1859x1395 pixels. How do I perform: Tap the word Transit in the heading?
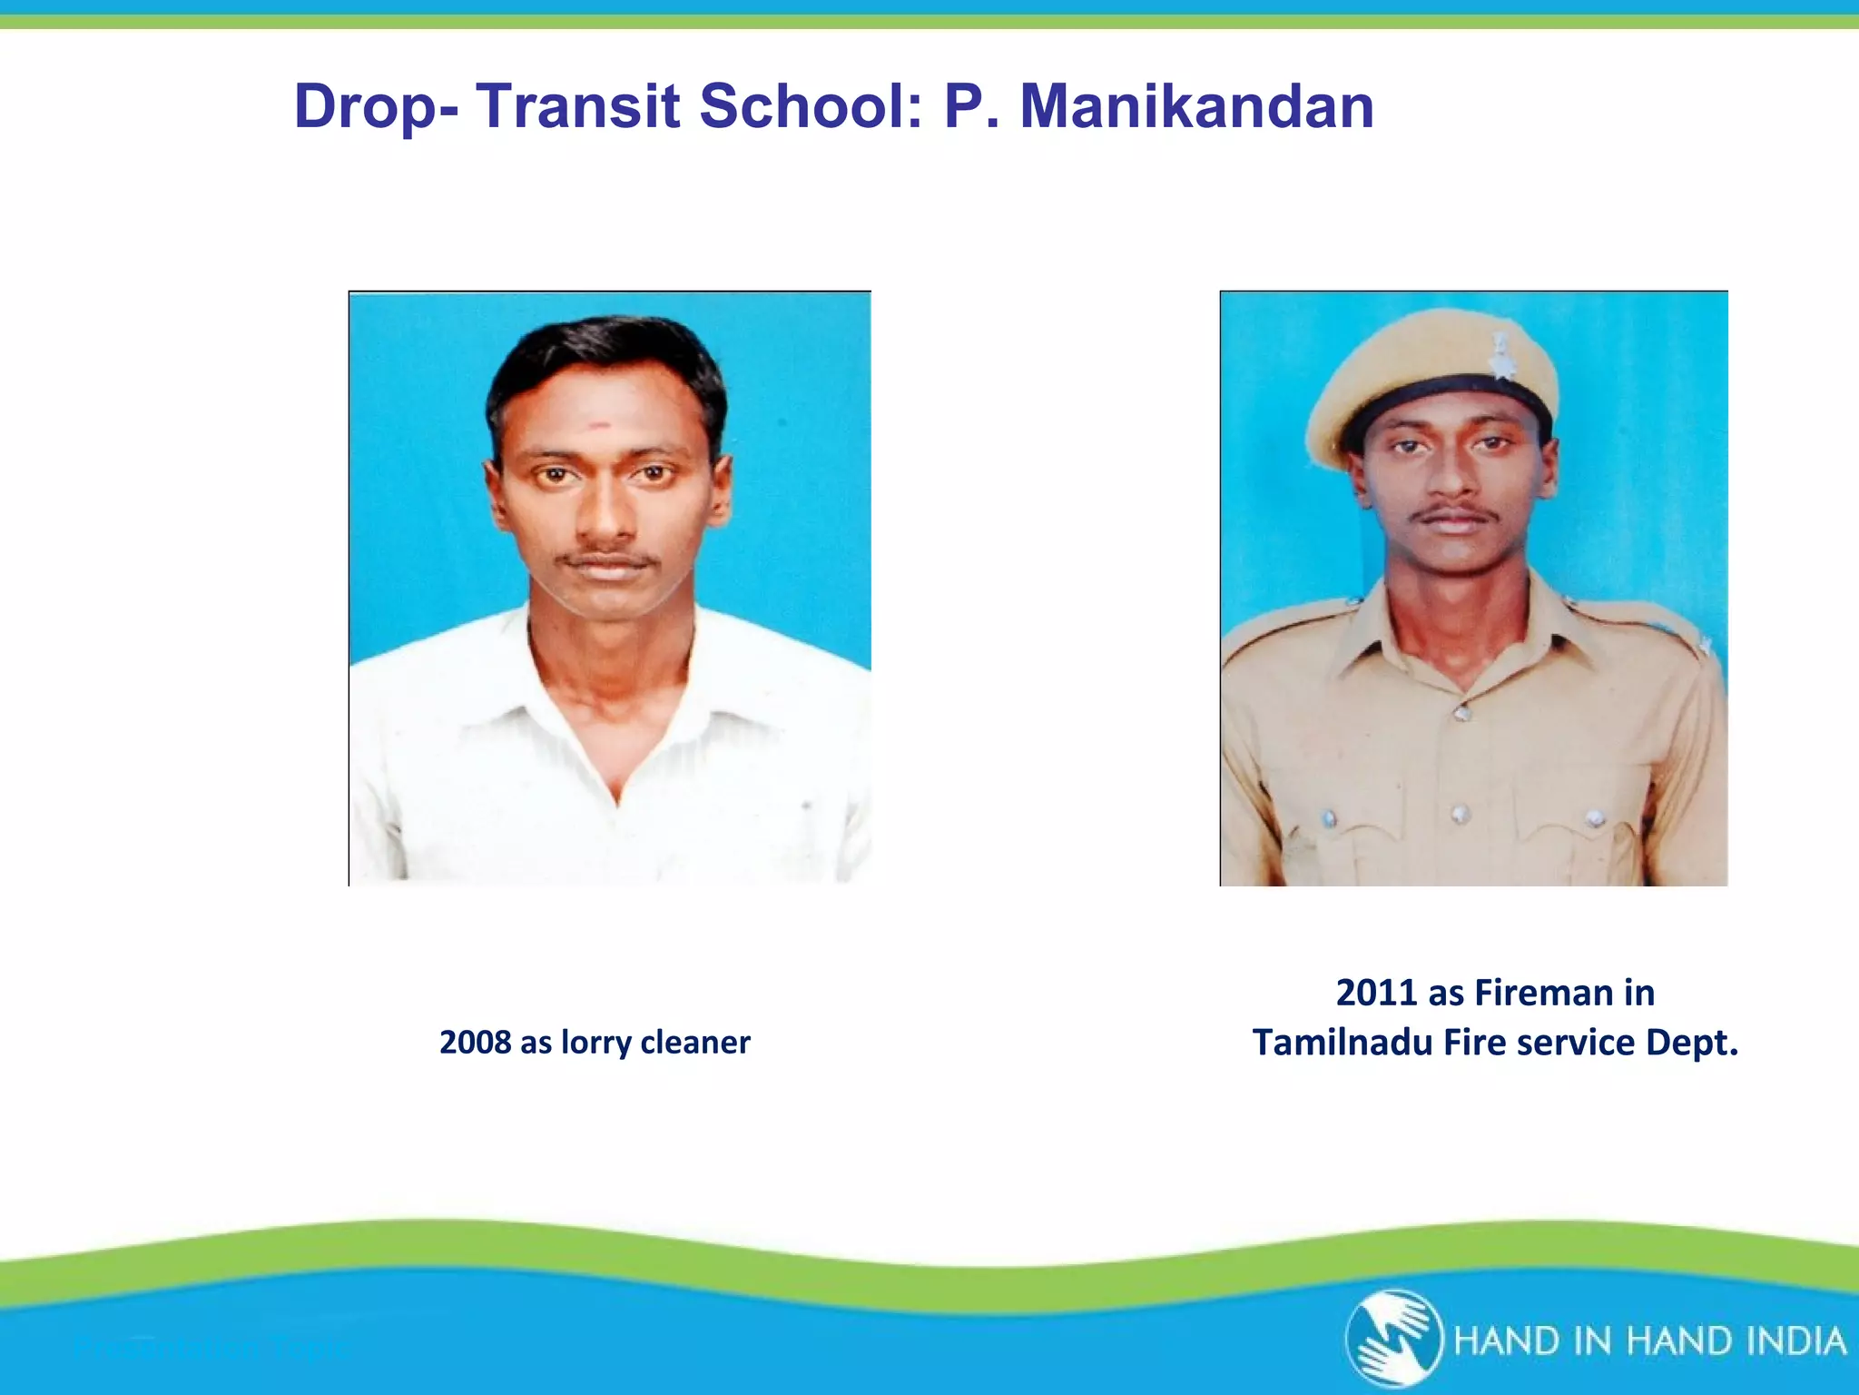pyautogui.click(x=578, y=107)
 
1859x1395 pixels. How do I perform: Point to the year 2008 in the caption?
pyautogui.click(x=475, y=1043)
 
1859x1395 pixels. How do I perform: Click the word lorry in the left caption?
pyautogui.click(x=596, y=1043)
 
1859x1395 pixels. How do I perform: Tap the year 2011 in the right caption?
pyautogui.click(x=1376, y=993)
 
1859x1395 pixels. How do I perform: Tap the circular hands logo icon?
pyautogui.click(x=1394, y=1338)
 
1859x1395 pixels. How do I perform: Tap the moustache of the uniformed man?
pyautogui.click(x=1452, y=514)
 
